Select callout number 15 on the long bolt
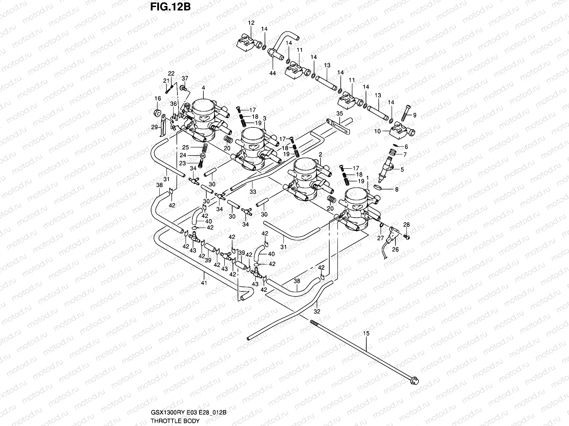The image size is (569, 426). point(366,333)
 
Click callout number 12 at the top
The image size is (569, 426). point(251,23)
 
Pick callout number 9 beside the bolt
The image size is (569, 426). point(414,115)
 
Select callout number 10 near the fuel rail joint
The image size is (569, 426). point(377,131)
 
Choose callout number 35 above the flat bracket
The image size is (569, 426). point(339,114)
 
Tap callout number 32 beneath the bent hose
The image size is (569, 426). point(317,311)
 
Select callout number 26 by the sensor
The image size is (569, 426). point(395,250)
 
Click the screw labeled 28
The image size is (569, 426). point(407,235)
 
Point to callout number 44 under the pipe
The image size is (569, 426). point(273,73)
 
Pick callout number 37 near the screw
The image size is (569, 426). point(185,78)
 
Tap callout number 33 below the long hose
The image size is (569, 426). point(253,192)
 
